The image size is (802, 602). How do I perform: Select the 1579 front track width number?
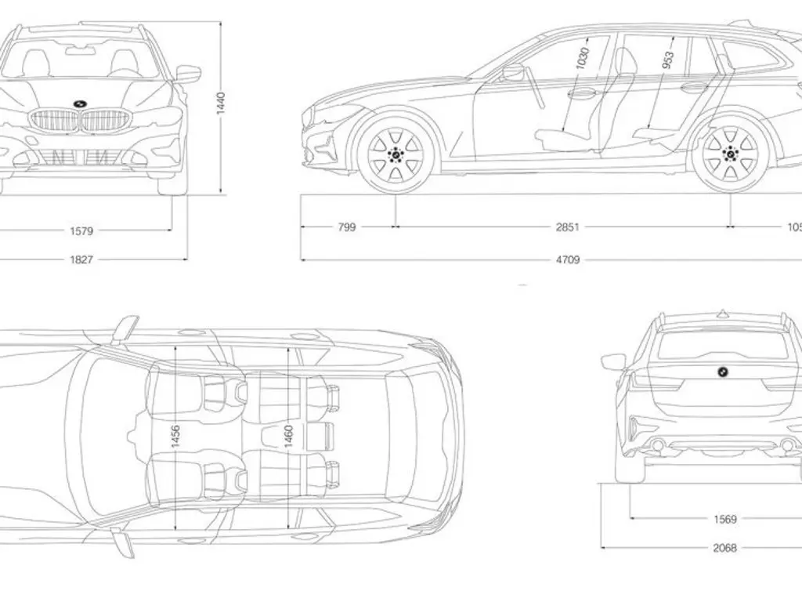tap(81, 230)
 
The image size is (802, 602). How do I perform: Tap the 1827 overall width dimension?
tap(81, 259)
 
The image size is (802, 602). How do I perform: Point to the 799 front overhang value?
tap(346, 227)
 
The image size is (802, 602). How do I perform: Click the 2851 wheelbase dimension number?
tap(568, 227)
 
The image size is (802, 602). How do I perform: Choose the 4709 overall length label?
tap(568, 259)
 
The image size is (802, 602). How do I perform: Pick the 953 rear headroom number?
tap(668, 60)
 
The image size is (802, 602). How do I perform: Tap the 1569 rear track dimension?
tap(724, 519)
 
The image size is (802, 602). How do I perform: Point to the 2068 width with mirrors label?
tap(724, 548)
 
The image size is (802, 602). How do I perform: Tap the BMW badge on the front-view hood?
tap(80, 103)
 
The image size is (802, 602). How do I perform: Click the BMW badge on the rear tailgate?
tap(721, 372)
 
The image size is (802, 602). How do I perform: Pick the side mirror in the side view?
tap(513, 73)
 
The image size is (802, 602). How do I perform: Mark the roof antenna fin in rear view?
tap(721, 314)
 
